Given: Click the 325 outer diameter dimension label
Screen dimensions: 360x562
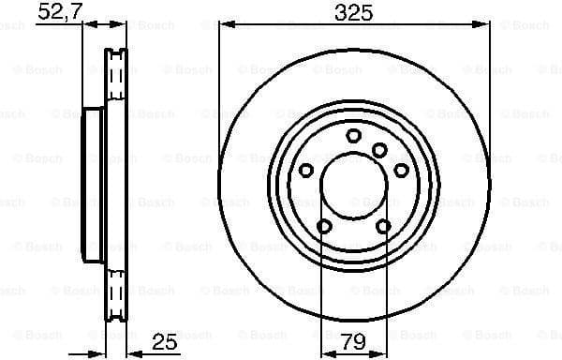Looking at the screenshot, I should pos(353,12).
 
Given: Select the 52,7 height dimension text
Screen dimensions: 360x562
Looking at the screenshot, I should pos(57,12).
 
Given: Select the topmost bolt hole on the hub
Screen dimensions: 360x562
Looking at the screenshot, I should pos(353,137).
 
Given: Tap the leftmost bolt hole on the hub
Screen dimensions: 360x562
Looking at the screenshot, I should pos(305,170).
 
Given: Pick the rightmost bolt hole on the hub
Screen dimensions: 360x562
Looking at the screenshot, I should pos(402,170).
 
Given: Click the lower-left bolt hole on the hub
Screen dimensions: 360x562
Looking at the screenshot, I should pos(324,226).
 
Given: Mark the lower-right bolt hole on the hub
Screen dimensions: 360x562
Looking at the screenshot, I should pos(383,226).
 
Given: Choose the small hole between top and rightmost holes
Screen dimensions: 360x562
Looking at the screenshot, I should pos(379,150).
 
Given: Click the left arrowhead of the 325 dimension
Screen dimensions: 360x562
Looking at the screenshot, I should pos(225,25).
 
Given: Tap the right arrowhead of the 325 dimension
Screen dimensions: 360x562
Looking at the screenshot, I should pos(483,25).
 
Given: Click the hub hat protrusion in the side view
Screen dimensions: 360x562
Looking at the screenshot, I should pos(93,185).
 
